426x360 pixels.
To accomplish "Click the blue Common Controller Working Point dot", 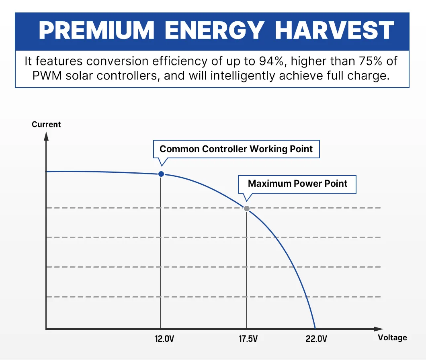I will click(x=161, y=174).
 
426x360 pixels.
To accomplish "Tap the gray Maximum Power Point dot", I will click(x=247, y=209).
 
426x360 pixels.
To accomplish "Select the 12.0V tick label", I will click(x=164, y=339).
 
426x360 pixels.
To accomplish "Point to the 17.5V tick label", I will click(x=248, y=339).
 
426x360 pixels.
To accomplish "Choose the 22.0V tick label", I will click(x=317, y=339).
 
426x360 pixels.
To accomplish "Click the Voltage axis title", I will click(x=392, y=337).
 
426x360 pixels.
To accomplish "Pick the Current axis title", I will click(x=46, y=124).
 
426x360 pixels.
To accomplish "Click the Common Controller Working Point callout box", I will click(x=236, y=149).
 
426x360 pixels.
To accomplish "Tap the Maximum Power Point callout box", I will click(x=297, y=184).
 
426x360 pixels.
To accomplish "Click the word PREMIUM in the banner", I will click(x=96, y=30).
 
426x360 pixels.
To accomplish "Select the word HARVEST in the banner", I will click(x=334, y=30).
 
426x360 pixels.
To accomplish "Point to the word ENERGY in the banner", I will click(x=215, y=30).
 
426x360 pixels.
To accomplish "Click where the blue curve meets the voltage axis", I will click(x=315, y=329).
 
